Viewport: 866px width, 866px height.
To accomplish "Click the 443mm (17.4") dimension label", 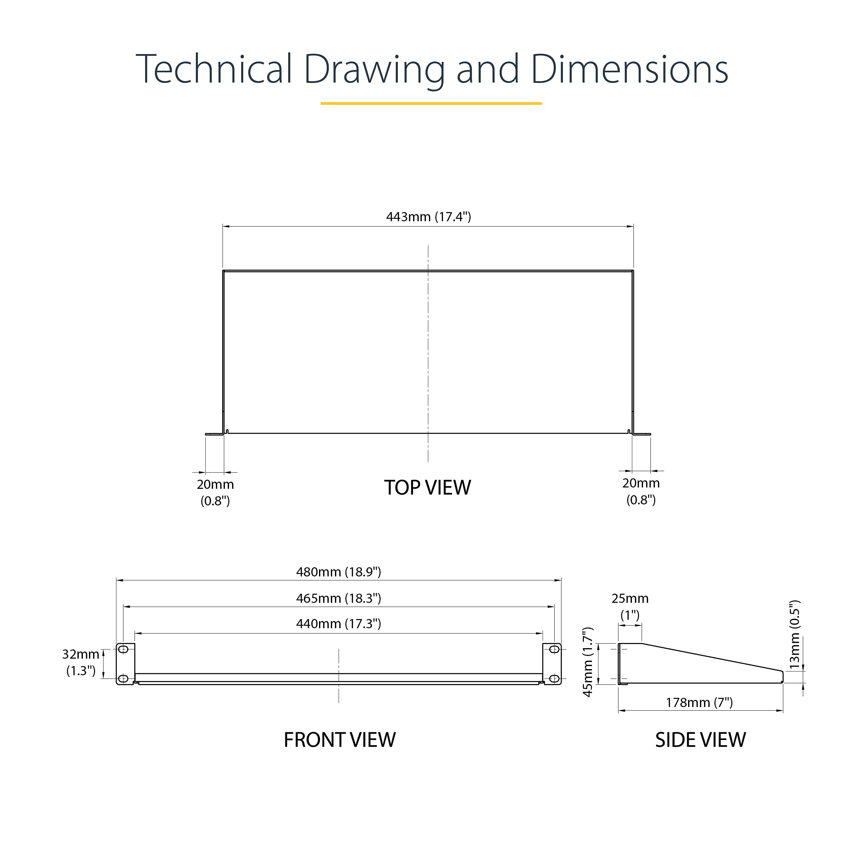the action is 429,217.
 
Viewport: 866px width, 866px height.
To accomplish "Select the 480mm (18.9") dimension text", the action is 338,572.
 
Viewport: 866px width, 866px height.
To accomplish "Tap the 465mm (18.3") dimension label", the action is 338,598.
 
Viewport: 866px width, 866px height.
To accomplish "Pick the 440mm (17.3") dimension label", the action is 338,624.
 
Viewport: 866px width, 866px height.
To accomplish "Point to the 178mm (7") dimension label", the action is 699,702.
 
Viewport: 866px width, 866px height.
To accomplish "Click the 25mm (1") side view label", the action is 630,607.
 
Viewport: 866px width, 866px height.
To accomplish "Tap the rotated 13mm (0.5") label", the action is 794,635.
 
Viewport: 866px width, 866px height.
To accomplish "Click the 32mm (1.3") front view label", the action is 81,662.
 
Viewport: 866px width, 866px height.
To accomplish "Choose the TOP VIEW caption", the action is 428,488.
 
